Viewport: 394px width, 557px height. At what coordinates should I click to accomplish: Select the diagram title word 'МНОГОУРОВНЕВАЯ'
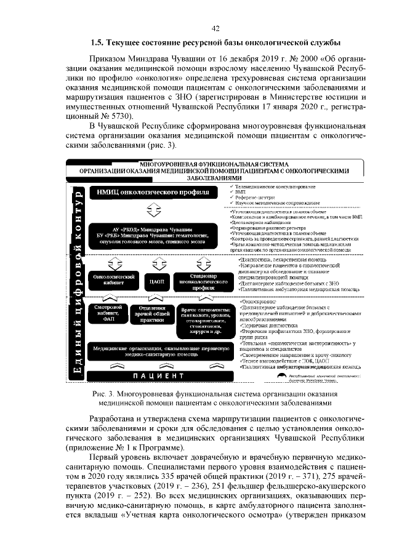tap(167, 164)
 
